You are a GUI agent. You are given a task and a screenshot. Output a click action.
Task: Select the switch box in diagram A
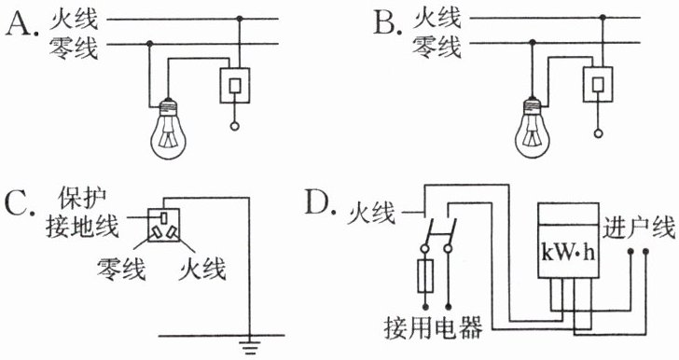point(235,86)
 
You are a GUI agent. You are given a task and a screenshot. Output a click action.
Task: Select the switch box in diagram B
point(598,84)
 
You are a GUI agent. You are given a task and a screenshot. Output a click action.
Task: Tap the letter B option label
point(384,22)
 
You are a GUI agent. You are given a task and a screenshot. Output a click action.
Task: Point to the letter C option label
point(20,206)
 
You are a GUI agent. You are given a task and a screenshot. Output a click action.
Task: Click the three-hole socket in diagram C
point(163,225)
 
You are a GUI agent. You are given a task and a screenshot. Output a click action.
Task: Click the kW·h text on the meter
point(567,253)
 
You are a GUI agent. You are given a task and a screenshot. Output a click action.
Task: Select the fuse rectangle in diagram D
point(425,276)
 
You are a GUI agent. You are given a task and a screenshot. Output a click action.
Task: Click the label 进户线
point(639,228)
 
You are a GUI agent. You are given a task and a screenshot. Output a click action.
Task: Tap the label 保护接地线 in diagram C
point(82,214)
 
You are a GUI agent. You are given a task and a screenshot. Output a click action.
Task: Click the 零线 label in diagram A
point(74,48)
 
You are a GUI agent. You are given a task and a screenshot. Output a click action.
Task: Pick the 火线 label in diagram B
point(436,19)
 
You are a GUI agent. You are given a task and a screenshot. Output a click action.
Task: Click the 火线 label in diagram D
point(371,214)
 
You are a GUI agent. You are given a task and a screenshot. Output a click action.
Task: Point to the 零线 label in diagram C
point(121,269)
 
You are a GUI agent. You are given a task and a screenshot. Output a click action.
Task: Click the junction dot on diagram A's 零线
point(150,44)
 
